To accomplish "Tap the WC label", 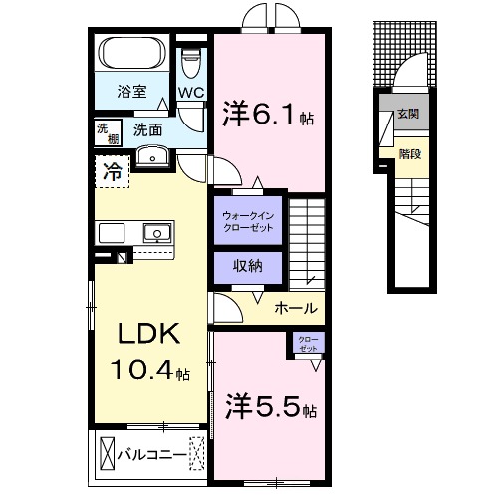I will point(190,91).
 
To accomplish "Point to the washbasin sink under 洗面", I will point(152,154).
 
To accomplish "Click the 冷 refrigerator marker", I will point(112,171).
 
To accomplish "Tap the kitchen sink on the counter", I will point(155,234).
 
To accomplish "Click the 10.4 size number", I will point(141,371).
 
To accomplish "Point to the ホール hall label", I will point(295,308).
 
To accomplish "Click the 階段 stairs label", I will point(408,154).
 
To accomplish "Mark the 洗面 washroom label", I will point(148,128).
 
